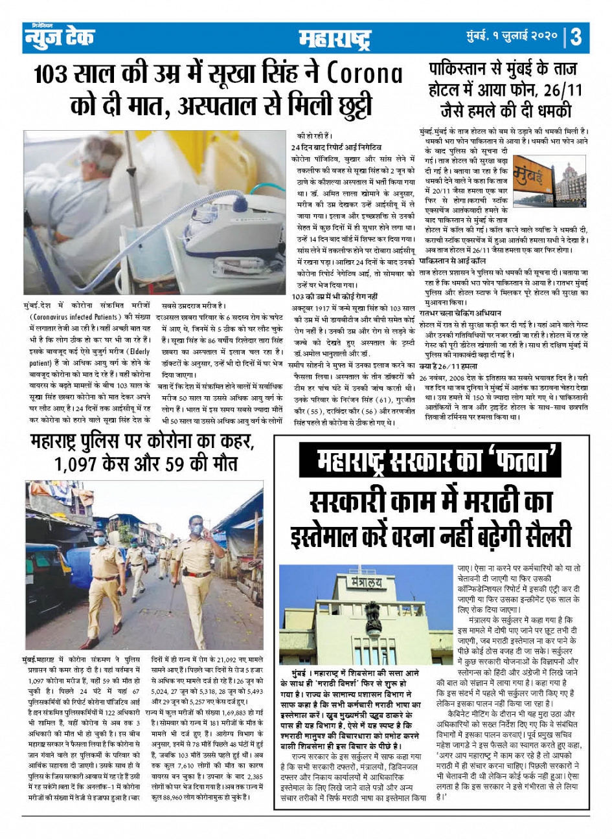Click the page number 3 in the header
pyautogui.click(x=576, y=37)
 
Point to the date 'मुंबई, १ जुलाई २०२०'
pyautogui.click(x=511, y=37)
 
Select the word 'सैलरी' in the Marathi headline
pyautogui.click(x=541, y=537)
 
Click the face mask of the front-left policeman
pyautogui.click(x=99, y=541)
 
